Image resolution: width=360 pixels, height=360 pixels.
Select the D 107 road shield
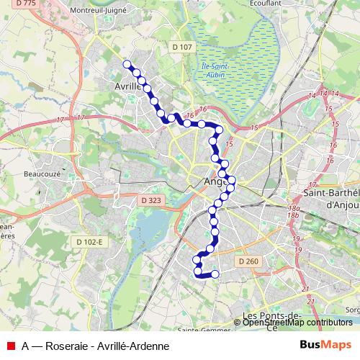(182, 47)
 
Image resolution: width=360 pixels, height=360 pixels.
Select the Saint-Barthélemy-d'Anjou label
(333, 198)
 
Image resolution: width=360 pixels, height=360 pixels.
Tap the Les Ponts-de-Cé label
(271, 320)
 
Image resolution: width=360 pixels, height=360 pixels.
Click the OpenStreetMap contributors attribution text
(297, 323)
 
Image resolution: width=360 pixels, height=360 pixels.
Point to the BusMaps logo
(327, 346)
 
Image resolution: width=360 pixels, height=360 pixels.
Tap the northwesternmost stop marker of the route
(127, 64)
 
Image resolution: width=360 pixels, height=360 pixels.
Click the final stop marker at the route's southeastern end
(214, 274)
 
